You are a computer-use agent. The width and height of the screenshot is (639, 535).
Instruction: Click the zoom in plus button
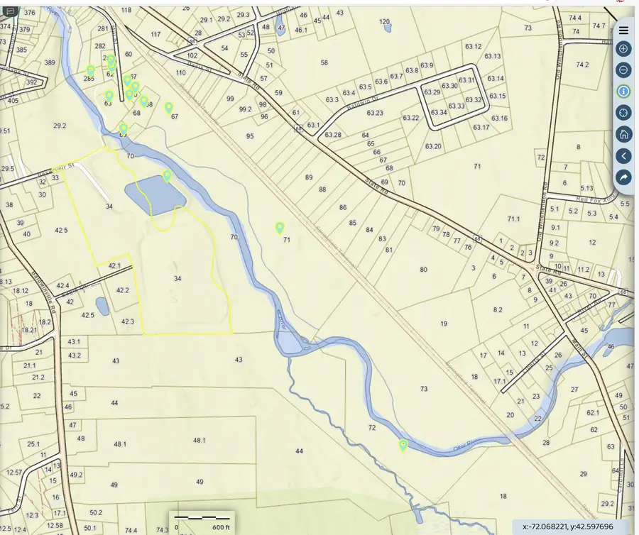point(623,49)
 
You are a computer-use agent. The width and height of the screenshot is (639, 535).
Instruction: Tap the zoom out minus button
point(623,70)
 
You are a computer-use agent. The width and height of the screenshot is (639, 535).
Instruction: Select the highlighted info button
point(623,91)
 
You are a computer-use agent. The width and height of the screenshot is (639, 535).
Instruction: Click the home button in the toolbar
point(623,134)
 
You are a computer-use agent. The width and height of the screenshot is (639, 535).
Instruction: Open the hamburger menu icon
point(623,30)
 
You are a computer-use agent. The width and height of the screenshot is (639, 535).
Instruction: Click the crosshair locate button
point(623,112)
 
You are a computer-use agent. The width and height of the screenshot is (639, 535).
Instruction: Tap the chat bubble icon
point(11,11)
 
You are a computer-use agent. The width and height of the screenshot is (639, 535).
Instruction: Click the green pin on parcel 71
point(280,228)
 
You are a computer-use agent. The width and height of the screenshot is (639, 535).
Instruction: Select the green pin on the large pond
point(167,175)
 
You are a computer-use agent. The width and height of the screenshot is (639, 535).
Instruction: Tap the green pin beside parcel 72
point(403,445)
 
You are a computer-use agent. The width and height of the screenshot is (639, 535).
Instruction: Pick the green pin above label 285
point(90,70)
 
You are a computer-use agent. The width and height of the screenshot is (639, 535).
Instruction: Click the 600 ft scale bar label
point(221,527)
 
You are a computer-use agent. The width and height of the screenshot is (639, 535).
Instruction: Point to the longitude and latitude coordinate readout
point(567,526)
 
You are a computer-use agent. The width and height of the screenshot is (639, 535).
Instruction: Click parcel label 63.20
point(433,147)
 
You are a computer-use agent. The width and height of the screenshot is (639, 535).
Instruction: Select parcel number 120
point(385,22)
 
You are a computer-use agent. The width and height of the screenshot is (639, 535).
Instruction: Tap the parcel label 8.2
point(498,309)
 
